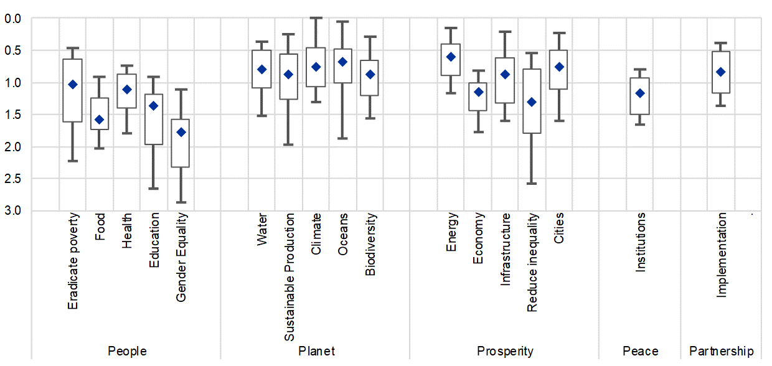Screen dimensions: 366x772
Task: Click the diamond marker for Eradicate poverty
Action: pyautogui.click(x=73, y=84)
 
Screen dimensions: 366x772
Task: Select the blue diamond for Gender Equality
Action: pyautogui.click(x=181, y=132)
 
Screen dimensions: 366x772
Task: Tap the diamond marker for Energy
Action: pyautogui.click(x=451, y=57)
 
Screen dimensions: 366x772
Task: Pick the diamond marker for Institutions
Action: pyautogui.click(x=639, y=93)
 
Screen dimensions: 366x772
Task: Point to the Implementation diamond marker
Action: pyautogui.click(x=721, y=72)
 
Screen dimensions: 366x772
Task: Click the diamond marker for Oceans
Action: pyautogui.click(x=342, y=62)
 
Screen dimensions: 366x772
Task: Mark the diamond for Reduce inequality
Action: pyautogui.click(x=532, y=102)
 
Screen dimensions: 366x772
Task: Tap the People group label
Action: pyautogui.click(x=127, y=352)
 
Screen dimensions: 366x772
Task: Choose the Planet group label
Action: pyautogui.click(x=316, y=352)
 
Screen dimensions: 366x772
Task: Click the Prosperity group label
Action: pyautogui.click(x=505, y=352)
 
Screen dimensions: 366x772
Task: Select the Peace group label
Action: pyautogui.click(x=640, y=352)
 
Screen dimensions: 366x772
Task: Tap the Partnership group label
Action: pyautogui.click(x=721, y=352)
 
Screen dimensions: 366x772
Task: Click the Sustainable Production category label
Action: pyautogui.click(x=289, y=277)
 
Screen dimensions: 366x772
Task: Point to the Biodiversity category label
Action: pyautogui.click(x=370, y=250)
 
